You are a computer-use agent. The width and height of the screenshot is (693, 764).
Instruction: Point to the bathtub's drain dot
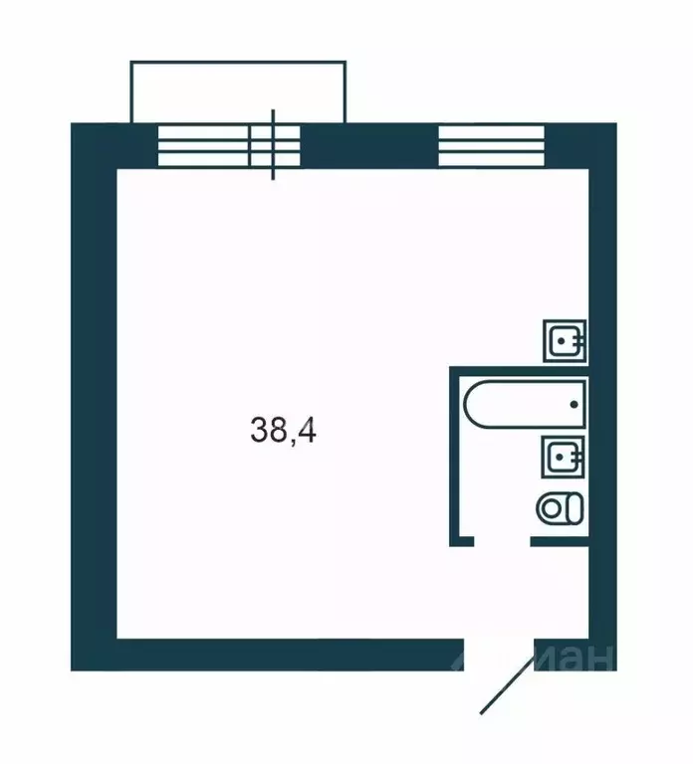[574, 404]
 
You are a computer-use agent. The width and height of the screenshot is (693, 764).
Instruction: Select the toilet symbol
[560, 508]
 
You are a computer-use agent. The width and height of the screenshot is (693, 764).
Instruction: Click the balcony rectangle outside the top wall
[239, 92]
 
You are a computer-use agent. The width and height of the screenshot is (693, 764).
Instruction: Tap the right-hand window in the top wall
[492, 147]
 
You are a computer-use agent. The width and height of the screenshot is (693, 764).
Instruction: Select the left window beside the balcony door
[203, 147]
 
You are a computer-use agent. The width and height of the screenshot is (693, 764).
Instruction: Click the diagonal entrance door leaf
[509, 682]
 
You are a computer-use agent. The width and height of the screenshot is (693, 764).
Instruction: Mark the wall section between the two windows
[369, 145]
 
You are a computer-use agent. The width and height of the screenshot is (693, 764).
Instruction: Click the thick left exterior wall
[93, 398]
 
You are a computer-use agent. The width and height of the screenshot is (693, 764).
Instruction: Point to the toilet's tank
[575, 508]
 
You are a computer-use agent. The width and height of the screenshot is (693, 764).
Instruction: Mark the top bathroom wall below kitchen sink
[518, 370]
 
